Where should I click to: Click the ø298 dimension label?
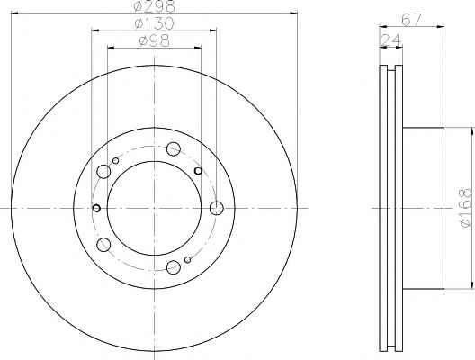point(155,6)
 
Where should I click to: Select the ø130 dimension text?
point(154,23)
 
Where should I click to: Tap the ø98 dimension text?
point(154,40)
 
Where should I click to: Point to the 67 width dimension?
point(411,20)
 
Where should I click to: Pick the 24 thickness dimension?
point(390,40)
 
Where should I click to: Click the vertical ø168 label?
point(466,208)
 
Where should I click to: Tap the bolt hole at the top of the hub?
point(174,148)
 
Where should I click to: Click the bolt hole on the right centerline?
point(217,208)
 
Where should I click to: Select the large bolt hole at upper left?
point(103,172)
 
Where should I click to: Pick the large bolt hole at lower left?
point(103,245)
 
